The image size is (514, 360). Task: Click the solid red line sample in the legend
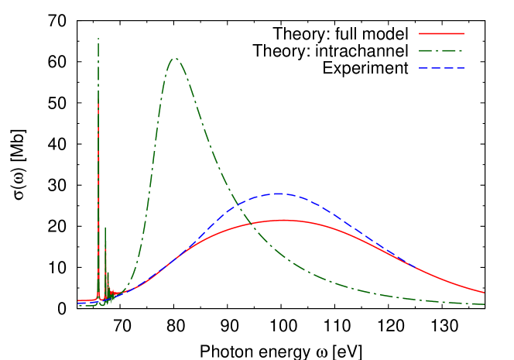[x=441, y=34]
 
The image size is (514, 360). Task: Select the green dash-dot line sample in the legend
[x=441, y=51]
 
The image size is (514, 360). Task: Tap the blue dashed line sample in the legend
[x=441, y=68]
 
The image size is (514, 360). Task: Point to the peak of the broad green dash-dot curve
[x=175, y=58]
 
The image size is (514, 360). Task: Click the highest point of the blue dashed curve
[x=277, y=194]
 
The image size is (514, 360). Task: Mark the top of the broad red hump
[x=283, y=221]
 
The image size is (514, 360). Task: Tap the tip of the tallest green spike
[x=98, y=38]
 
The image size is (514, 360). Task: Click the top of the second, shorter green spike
[x=105, y=228]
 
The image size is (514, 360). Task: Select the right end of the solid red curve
[x=485, y=293]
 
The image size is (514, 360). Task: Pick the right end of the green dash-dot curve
[x=485, y=303]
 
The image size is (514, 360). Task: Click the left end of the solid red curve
[x=78, y=300]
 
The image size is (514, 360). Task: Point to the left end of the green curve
[x=78, y=305]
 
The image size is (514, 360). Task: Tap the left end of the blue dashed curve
[x=78, y=303]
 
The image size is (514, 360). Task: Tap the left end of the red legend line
[x=420, y=34]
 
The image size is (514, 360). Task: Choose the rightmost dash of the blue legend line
[x=460, y=68]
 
